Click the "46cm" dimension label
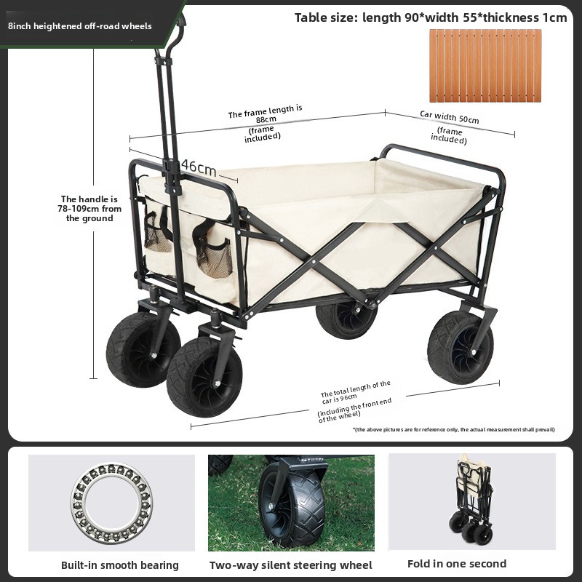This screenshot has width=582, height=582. (199, 168)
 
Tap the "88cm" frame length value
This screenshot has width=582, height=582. (266, 119)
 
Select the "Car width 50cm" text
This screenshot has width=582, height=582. (450, 117)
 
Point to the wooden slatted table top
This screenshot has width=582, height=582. (485, 65)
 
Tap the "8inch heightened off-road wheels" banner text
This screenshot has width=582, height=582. (80, 26)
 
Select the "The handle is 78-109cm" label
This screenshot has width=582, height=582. (89, 209)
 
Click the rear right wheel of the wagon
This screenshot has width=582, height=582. (461, 347)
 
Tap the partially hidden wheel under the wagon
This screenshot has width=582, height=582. (346, 319)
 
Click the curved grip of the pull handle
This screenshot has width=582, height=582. (174, 35)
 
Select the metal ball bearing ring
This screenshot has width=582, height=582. (111, 502)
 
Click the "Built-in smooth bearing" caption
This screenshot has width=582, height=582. (120, 565)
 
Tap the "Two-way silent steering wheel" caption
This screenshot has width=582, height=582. (290, 565)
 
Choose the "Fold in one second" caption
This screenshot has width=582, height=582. (457, 564)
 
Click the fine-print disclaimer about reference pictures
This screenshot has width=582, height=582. (453, 429)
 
